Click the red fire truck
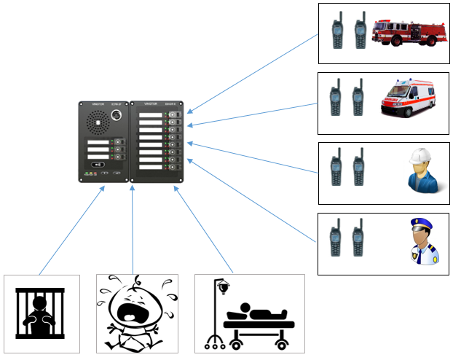[408, 33]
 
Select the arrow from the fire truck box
[255, 73]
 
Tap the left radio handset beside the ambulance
[336, 101]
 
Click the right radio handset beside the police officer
[358, 240]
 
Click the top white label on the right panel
[151, 114]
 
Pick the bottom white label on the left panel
[98, 154]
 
